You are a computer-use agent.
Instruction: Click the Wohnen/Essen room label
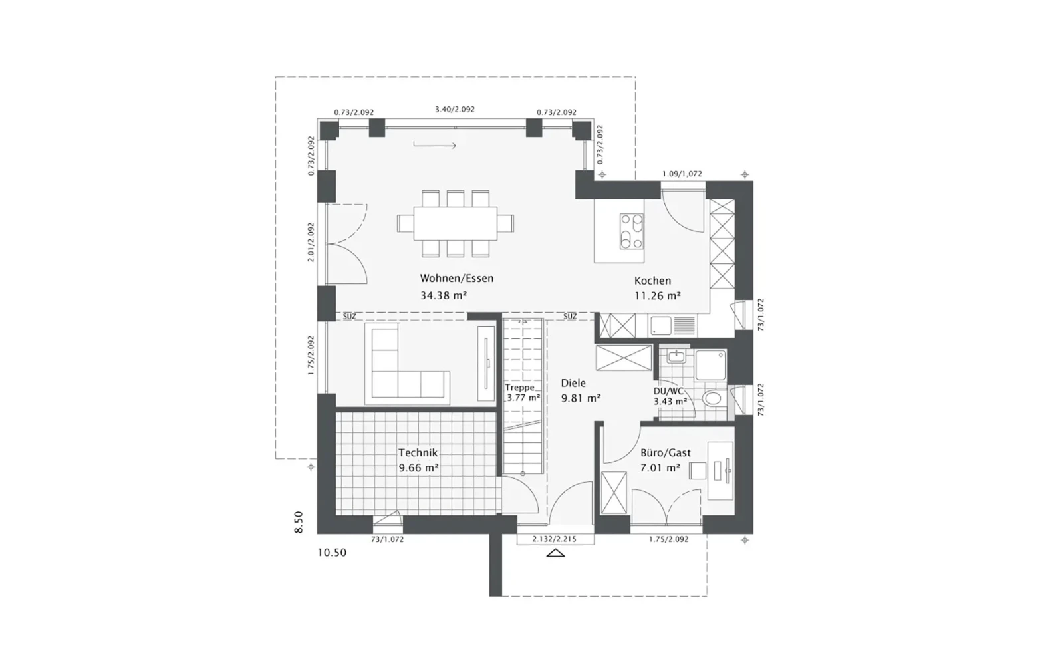pos(456,279)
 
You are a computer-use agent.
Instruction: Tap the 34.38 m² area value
pos(444,295)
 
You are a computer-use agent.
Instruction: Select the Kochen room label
pos(652,281)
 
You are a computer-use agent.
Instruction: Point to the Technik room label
pos(418,453)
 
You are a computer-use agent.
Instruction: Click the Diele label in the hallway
pos(573,383)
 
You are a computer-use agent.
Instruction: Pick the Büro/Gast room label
pos(666,453)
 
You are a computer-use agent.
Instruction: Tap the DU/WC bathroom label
pos(668,392)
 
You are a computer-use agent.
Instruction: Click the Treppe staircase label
pos(519,388)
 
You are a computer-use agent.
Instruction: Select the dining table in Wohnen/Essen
pos(456,223)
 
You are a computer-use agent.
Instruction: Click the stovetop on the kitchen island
pos(631,231)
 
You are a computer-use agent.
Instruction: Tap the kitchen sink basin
pos(661,325)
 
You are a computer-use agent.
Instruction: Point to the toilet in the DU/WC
pos(714,398)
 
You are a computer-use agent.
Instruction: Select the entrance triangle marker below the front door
pos(555,553)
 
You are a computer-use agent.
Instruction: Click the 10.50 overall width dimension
pos(332,553)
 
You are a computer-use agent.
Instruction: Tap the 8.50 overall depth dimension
pos(299,522)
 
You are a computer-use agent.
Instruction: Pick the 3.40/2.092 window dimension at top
pos(455,109)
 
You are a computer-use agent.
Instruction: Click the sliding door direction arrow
pos(435,145)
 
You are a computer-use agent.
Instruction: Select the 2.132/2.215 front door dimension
pos(555,539)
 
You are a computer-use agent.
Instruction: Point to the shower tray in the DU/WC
pos(711,365)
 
